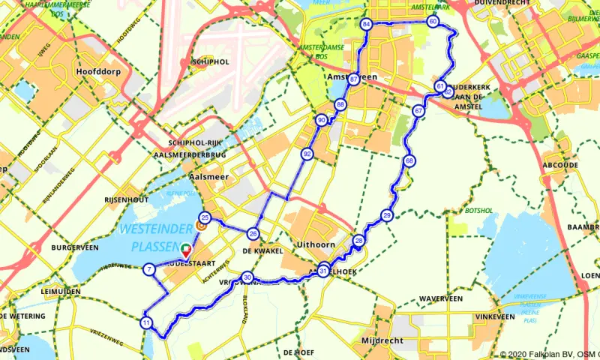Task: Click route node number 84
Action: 367,25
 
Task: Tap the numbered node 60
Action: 433,22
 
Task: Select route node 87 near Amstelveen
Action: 353,79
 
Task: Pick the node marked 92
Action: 307,154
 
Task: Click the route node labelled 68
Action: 409,161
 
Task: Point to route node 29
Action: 387,215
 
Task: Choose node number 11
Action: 145,322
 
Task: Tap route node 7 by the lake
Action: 150,269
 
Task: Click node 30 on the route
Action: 247,277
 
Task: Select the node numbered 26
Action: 253,233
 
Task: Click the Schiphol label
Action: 210,61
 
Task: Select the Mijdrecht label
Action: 382,340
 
